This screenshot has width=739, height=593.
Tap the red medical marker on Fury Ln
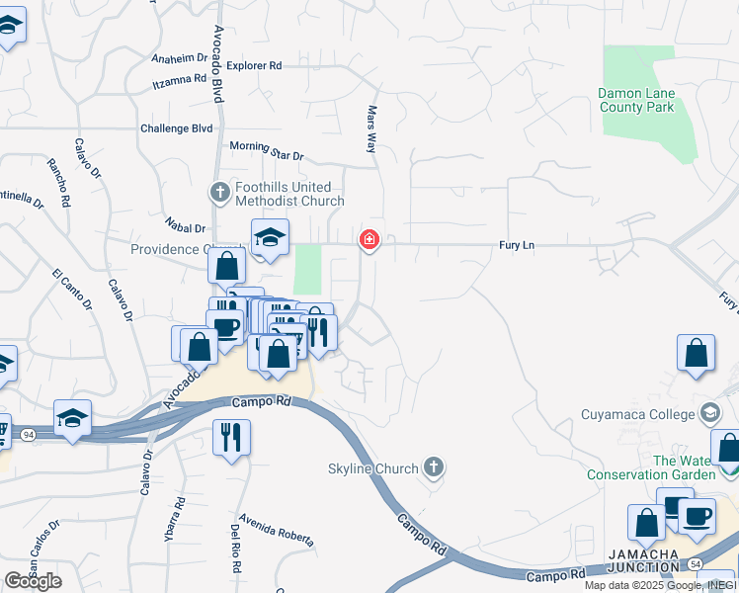coord(369,239)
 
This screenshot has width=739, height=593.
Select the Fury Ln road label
coord(516,244)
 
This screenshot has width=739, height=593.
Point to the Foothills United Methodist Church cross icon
coord(219,190)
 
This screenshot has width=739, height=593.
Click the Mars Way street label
coord(372,129)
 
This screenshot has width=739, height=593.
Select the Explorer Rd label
coord(254,65)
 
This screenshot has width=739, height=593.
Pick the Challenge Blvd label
coord(177,128)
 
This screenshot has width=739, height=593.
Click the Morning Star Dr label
coord(267,150)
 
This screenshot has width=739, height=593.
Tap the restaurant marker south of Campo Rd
coord(231,436)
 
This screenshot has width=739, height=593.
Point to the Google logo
coord(33,581)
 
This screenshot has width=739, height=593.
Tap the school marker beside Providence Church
coord(269,237)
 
